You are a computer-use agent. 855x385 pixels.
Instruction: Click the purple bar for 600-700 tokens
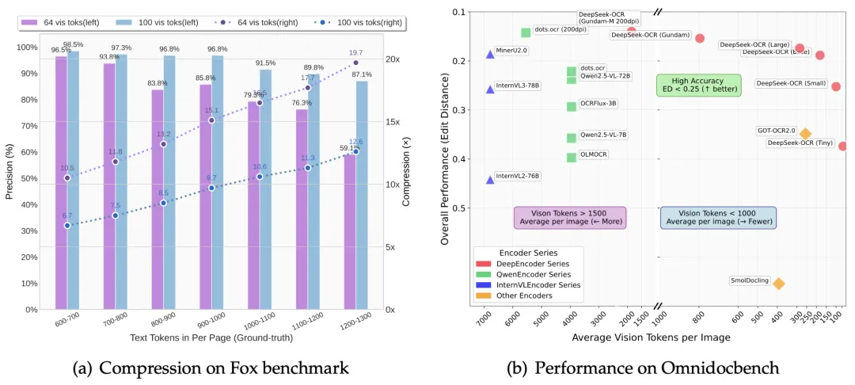click(61, 182)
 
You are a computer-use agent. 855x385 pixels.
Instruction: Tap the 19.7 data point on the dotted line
click(355, 63)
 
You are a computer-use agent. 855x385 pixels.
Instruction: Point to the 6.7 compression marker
click(67, 226)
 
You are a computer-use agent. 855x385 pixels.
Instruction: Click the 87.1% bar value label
click(362, 74)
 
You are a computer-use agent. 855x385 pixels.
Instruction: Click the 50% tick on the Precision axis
click(28, 179)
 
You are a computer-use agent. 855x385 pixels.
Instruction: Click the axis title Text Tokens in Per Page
click(211, 338)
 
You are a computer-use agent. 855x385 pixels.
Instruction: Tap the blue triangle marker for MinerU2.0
click(490, 54)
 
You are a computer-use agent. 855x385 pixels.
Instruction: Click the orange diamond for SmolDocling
click(779, 284)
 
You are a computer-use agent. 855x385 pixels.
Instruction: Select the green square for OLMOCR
click(572, 157)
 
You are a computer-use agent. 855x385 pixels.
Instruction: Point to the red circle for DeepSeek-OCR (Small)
click(836, 86)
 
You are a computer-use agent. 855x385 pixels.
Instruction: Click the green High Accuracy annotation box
click(698, 86)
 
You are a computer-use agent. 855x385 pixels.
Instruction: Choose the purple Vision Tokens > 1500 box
click(570, 218)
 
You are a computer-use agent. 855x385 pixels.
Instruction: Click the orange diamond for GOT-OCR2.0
click(805, 134)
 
